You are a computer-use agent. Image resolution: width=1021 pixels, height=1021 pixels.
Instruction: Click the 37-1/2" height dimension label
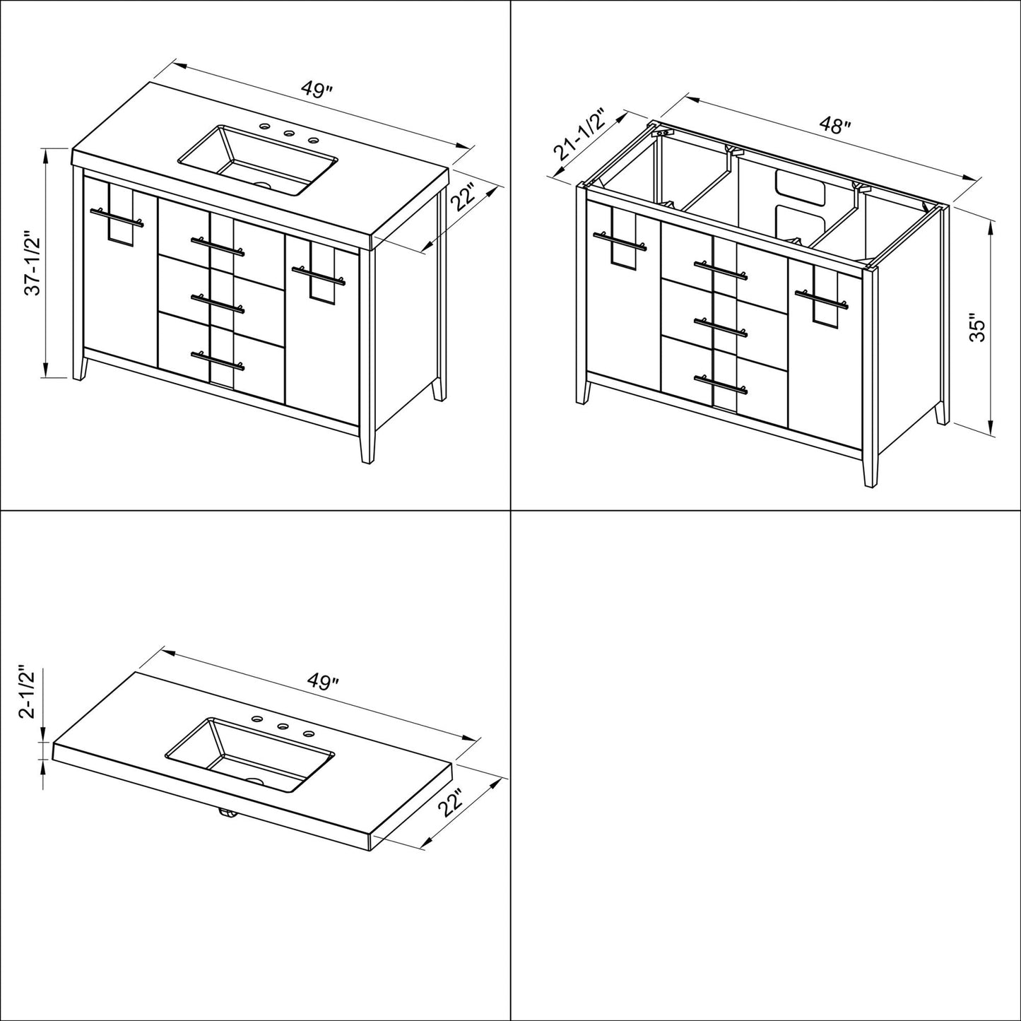pyautogui.click(x=31, y=263)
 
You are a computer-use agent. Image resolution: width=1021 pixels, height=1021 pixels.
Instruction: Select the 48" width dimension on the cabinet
pyautogui.click(x=834, y=126)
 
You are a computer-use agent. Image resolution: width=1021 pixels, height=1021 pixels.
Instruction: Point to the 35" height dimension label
pyautogui.click(x=976, y=328)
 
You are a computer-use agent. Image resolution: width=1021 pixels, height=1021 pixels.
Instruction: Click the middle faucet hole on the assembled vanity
pyautogui.click(x=288, y=134)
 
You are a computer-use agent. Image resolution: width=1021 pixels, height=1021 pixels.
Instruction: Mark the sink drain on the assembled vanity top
pyautogui.click(x=264, y=187)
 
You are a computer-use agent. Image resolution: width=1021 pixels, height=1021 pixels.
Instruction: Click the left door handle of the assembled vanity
pyautogui.click(x=117, y=218)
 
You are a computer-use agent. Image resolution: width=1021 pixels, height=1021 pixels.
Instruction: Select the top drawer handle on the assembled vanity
pyautogui.click(x=217, y=246)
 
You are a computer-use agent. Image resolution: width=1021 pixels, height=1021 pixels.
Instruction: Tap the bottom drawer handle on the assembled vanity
pyautogui.click(x=217, y=360)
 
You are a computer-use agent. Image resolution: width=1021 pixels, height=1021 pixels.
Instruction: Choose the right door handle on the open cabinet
pyautogui.click(x=820, y=297)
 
